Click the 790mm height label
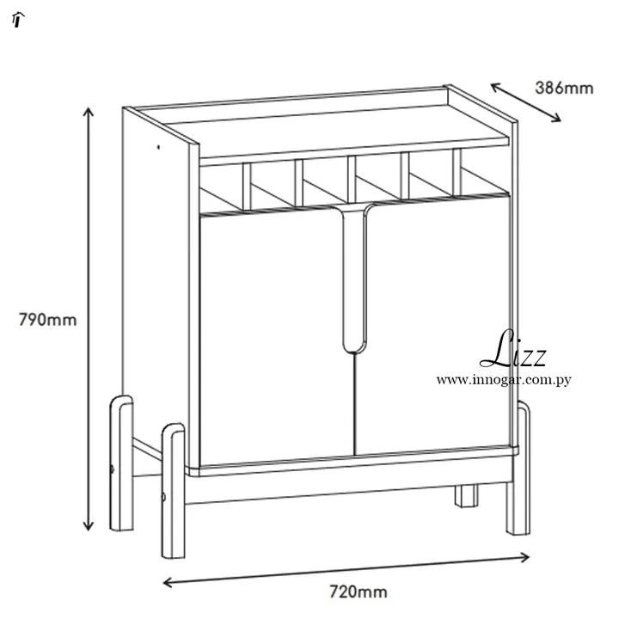[x=48, y=320]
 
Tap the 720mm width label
[x=359, y=591]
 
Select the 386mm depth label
[x=564, y=88]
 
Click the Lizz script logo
[x=513, y=349]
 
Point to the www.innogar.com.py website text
[x=504, y=380]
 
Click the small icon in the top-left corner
[x=18, y=19]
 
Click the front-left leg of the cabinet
[x=174, y=491]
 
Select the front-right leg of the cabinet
[x=518, y=469]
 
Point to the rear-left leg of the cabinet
[x=121, y=463]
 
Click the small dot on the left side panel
[x=158, y=147]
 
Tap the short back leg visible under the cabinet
[x=466, y=495]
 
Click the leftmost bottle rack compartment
[x=222, y=188]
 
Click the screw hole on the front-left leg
[x=163, y=497]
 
